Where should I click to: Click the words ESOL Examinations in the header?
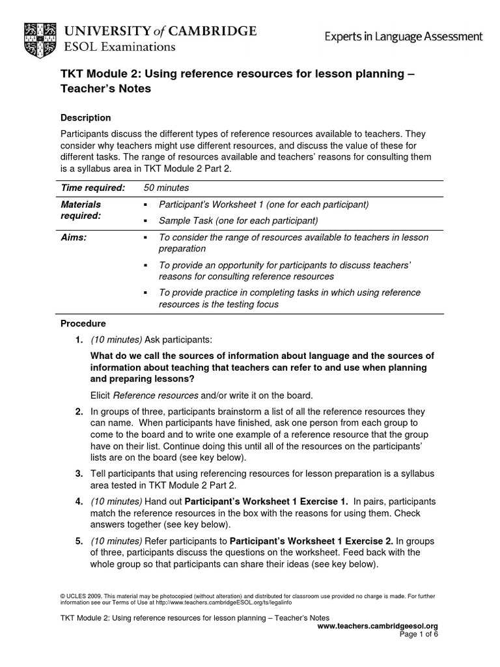tap(118, 47)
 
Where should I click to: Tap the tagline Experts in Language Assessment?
tap(404, 36)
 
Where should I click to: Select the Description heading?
tap(85, 118)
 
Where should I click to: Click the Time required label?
tap(92, 188)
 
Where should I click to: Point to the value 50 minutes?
tap(167, 188)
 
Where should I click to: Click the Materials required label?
tap(81, 210)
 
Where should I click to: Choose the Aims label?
tap(74, 238)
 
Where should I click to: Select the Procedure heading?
tap(83, 323)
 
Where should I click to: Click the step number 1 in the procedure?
tap(78, 339)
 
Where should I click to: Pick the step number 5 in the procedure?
tap(78, 541)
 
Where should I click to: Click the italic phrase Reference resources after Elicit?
tap(156, 395)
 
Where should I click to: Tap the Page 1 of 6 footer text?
tap(419, 634)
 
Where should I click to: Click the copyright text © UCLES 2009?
tap(81, 596)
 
